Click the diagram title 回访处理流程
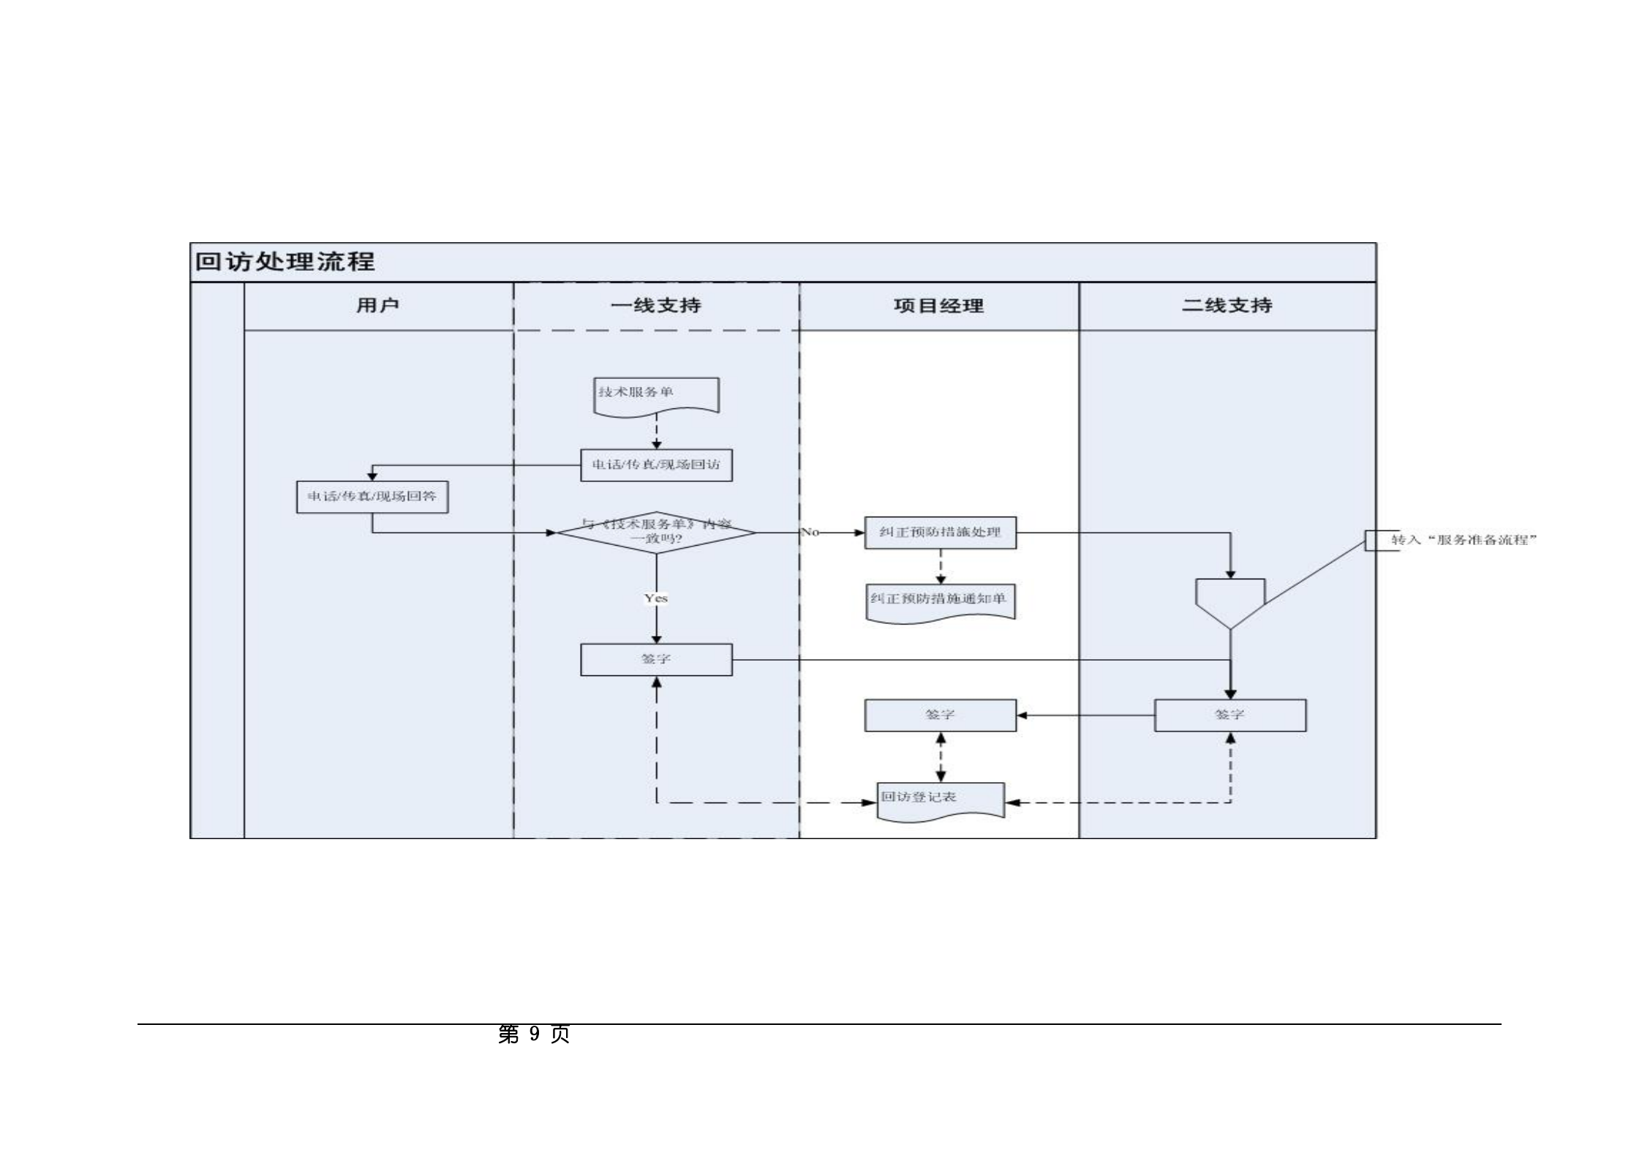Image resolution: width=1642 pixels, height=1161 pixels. [x=285, y=261]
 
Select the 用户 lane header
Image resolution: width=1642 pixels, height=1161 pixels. [x=377, y=305]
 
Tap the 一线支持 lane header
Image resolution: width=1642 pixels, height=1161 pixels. [x=656, y=305]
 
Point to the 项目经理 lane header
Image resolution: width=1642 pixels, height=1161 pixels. [x=938, y=306]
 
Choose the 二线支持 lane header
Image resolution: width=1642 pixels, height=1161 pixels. [x=1227, y=305]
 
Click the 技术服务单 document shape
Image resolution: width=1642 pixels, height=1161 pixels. [x=655, y=396]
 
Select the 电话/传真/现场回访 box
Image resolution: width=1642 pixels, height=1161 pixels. [x=656, y=465]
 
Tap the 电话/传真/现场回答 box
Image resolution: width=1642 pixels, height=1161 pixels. [x=372, y=497]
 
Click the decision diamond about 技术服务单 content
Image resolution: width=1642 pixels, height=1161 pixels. [x=656, y=532]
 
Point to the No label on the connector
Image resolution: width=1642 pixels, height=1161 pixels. [x=810, y=532]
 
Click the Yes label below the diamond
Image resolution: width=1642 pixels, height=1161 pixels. [x=656, y=598]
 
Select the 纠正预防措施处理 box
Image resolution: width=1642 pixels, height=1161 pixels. [x=940, y=533]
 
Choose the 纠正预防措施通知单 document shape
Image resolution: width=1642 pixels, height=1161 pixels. [x=940, y=601]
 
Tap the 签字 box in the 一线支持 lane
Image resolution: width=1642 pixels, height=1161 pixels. [x=656, y=659]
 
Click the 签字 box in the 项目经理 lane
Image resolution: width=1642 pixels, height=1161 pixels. [x=940, y=715]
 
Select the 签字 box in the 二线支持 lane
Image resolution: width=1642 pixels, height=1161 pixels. [x=1229, y=715]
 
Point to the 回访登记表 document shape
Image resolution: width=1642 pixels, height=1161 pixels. [x=940, y=800]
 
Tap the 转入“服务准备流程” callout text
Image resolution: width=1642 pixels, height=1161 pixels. [x=1463, y=540]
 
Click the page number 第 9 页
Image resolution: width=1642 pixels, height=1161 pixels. [x=533, y=1034]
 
